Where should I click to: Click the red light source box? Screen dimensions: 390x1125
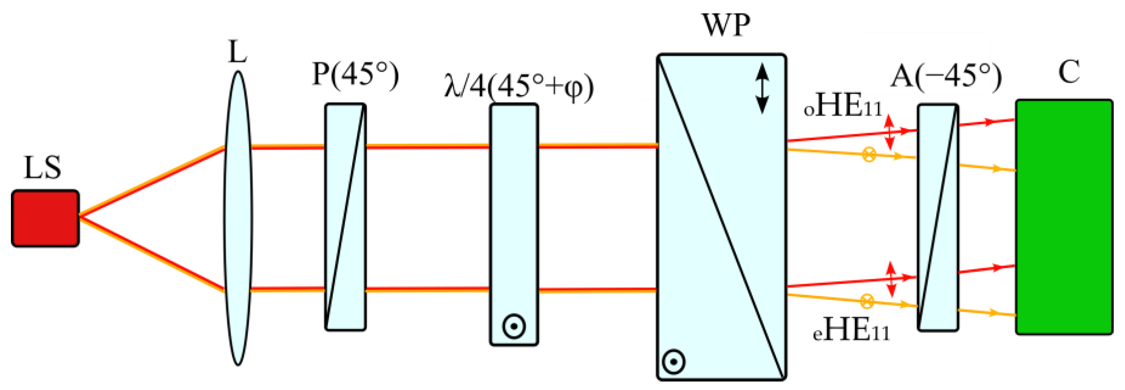click(45, 218)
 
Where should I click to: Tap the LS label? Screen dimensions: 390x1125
click(42, 168)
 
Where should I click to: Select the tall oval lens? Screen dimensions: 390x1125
click(238, 218)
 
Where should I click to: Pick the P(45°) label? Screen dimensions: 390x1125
click(355, 75)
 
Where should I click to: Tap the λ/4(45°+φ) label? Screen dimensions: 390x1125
click(518, 87)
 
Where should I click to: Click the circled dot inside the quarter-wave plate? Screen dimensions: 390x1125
click(514, 326)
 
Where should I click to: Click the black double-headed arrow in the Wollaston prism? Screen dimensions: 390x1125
click(762, 89)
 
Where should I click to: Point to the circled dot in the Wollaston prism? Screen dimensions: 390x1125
click(673, 362)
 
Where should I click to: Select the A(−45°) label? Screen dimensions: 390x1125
click(945, 76)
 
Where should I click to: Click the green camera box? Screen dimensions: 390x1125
click(1064, 217)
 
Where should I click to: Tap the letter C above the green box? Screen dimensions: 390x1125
click(1069, 72)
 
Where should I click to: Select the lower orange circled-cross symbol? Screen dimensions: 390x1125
click(867, 301)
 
